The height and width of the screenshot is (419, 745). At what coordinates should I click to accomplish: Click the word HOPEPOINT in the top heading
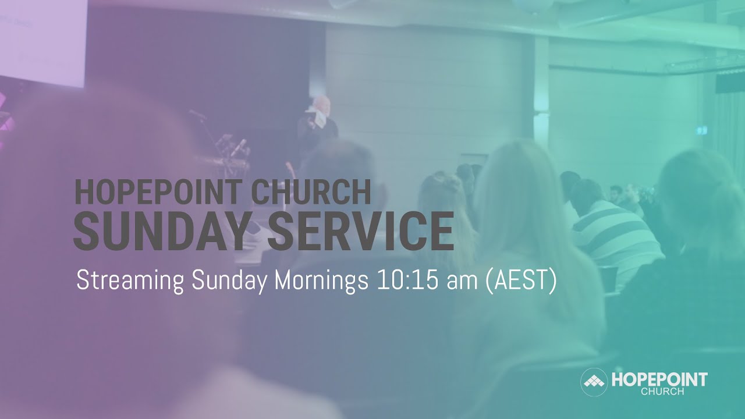click(152, 192)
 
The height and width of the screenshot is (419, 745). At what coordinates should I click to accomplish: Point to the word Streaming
click(132, 281)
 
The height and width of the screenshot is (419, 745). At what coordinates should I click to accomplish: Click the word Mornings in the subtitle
click(322, 281)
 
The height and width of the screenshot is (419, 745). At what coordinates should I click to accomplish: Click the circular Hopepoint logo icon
click(594, 382)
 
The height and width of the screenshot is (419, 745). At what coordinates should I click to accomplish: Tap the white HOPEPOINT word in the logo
click(659, 380)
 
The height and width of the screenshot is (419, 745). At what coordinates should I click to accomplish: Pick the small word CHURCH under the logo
click(662, 392)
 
